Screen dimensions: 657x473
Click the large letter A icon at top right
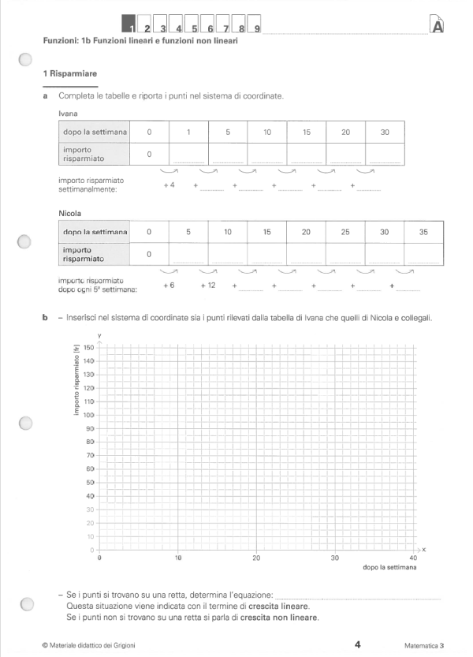pos(438,26)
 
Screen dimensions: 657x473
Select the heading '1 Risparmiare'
pos(70,73)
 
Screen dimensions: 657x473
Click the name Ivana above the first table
pos(68,114)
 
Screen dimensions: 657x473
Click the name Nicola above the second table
pos(70,213)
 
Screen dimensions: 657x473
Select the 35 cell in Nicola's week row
pos(423,233)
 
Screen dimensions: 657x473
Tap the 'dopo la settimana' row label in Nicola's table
pos(95,233)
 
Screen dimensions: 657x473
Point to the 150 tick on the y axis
pos(88,347)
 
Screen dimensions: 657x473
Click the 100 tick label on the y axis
pos(88,414)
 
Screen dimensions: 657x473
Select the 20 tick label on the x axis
pos(257,558)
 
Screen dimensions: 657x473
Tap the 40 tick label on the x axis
pos(414,558)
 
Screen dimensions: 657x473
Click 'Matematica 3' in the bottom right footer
pos(423,645)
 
